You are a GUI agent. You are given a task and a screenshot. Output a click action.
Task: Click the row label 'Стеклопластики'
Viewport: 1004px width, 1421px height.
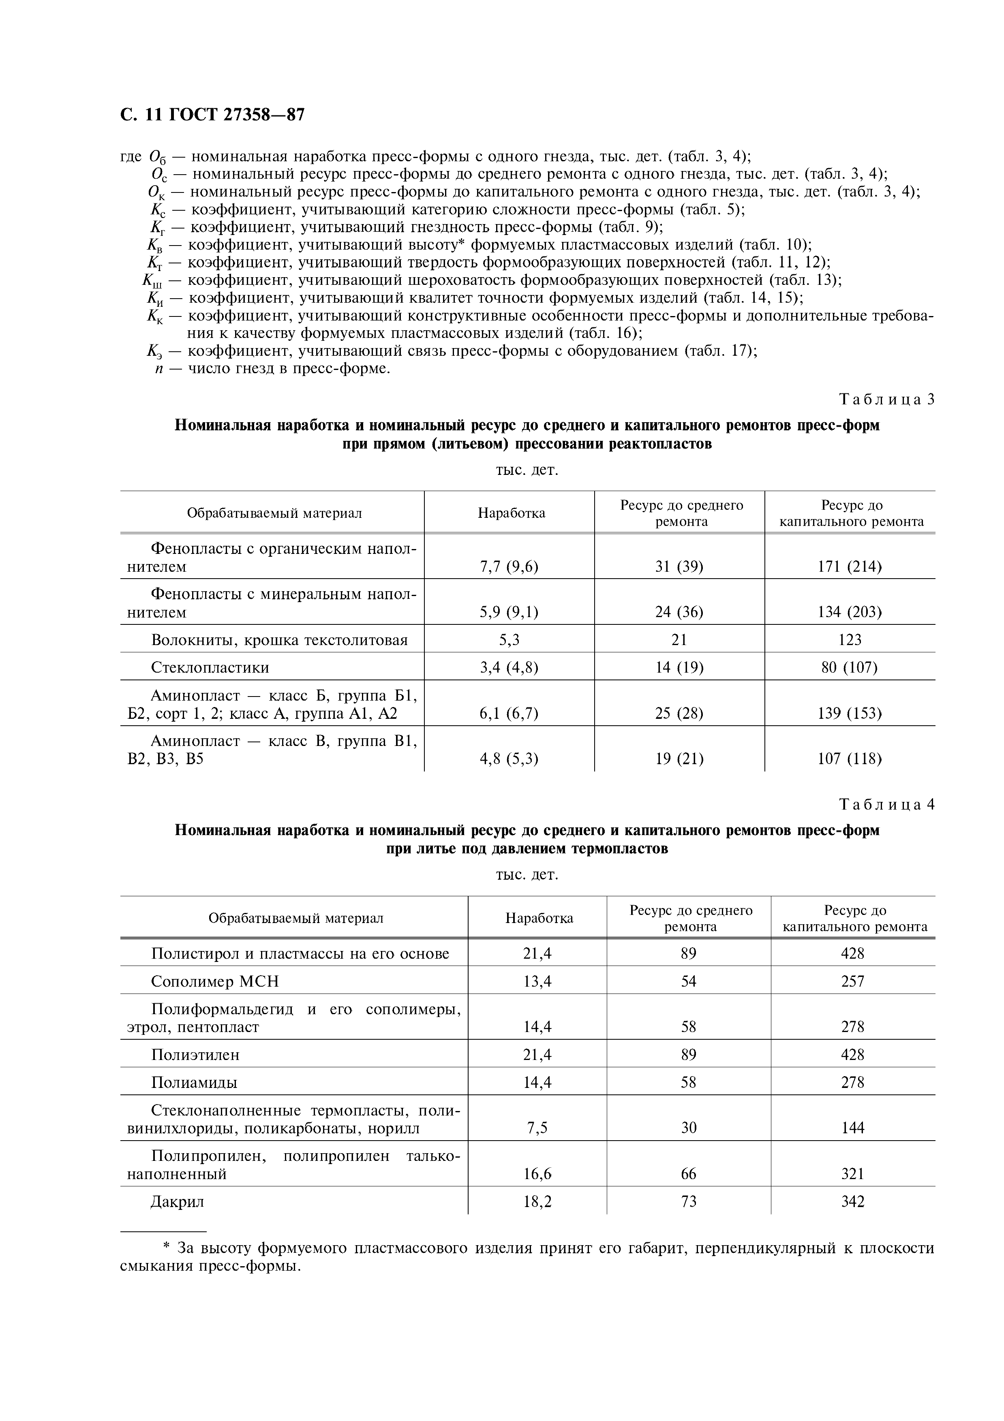pos(210,667)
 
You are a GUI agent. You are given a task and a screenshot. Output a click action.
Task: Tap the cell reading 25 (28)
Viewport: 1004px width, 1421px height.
pos(679,713)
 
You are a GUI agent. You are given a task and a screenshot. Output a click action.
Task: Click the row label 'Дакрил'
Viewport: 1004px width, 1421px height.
pos(177,1201)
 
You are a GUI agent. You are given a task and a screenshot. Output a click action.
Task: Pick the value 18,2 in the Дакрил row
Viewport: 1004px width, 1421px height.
pos(537,1201)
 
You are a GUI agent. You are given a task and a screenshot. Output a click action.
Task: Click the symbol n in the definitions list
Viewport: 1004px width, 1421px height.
pos(159,369)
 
